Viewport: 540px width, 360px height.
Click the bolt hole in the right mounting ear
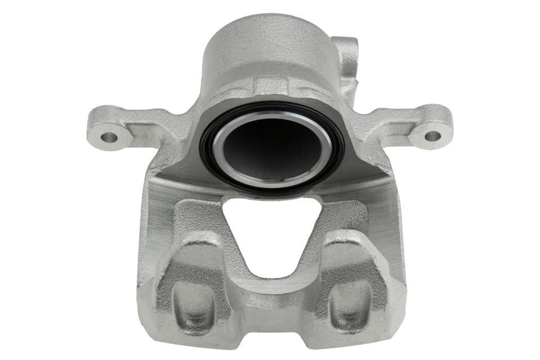click(432, 136)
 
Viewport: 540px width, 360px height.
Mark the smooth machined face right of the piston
click(371, 180)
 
